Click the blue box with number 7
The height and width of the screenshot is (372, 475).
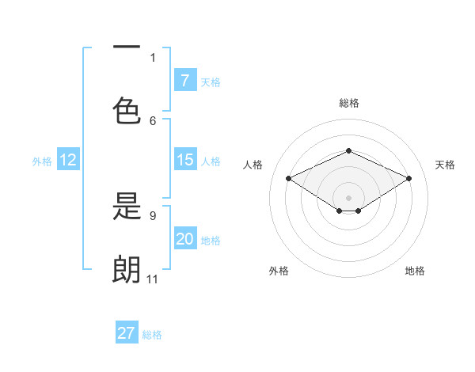pyautogui.click(x=184, y=81)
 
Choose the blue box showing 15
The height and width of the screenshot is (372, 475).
pyautogui.click(x=184, y=160)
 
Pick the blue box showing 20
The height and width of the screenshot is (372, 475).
pyautogui.click(x=184, y=239)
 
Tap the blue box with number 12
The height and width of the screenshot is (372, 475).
pyautogui.click(x=68, y=160)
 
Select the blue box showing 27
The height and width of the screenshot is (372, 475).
pyautogui.click(x=127, y=333)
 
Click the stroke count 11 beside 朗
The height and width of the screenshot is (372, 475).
pyautogui.click(x=152, y=279)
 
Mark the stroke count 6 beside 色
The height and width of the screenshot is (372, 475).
pyautogui.click(x=153, y=120)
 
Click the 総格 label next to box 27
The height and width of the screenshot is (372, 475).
pyautogui.click(x=152, y=335)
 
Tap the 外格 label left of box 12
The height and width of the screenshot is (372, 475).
pyautogui.click(x=42, y=161)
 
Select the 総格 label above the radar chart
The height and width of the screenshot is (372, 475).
pyautogui.click(x=348, y=103)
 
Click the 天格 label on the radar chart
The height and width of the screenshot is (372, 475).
pyautogui.click(x=445, y=165)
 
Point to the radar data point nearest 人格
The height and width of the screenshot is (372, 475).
pyautogui.click(x=288, y=178)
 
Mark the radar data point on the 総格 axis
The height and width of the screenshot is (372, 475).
pyautogui.click(x=348, y=150)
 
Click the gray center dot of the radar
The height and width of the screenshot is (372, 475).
pyautogui.click(x=348, y=197)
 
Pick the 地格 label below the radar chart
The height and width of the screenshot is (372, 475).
pyautogui.click(x=415, y=271)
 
